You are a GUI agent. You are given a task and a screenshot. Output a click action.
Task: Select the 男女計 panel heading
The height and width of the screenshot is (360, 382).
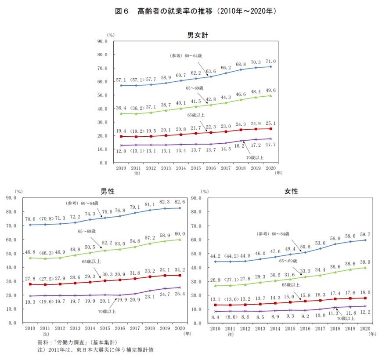[x=197, y=35]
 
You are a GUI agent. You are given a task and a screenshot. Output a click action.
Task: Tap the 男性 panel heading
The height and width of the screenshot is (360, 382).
[x=108, y=192]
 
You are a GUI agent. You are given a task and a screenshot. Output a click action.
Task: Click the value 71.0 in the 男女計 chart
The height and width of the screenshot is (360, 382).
[x=270, y=61]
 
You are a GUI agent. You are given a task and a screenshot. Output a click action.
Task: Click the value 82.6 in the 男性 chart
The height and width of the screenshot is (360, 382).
[x=179, y=201]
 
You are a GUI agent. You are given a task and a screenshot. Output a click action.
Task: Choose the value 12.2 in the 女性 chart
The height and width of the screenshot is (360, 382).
[x=365, y=312]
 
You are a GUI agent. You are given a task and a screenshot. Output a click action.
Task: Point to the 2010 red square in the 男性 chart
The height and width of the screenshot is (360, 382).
[x=30, y=284]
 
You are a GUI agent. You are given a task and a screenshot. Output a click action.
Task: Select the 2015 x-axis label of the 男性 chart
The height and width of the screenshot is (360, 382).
[x=105, y=329]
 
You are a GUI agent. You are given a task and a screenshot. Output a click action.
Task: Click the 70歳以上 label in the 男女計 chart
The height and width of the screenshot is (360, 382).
[x=255, y=157]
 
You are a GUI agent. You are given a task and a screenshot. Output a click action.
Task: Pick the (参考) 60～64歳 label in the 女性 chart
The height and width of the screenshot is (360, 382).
[x=273, y=233]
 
